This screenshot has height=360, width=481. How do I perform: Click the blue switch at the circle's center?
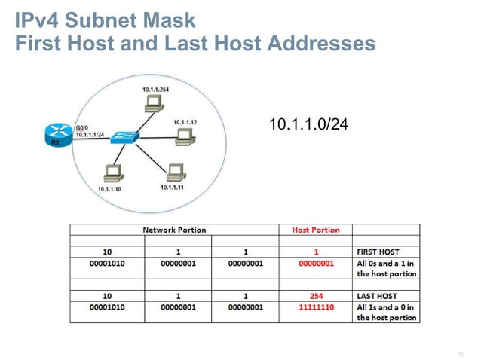click(x=121, y=138)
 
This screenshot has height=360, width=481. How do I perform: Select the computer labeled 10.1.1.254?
click(x=155, y=105)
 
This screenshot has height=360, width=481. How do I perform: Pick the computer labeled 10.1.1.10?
click(x=113, y=172)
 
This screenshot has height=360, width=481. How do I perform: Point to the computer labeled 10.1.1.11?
click(x=175, y=171)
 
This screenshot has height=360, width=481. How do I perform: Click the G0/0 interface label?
click(x=82, y=127)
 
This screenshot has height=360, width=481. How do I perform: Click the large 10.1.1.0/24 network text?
click(x=308, y=124)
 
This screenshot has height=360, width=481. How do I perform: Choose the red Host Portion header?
click(x=315, y=230)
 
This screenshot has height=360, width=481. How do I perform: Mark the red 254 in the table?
click(x=316, y=296)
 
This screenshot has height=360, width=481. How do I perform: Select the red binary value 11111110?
click(x=316, y=307)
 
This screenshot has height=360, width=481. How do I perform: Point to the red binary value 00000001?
click(x=316, y=263)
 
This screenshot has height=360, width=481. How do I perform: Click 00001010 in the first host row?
click(x=106, y=263)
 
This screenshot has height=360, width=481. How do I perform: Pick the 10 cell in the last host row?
click(x=106, y=296)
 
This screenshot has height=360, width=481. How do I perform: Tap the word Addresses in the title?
click(x=317, y=44)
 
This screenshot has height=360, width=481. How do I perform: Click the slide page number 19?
click(x=461, y=350)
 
